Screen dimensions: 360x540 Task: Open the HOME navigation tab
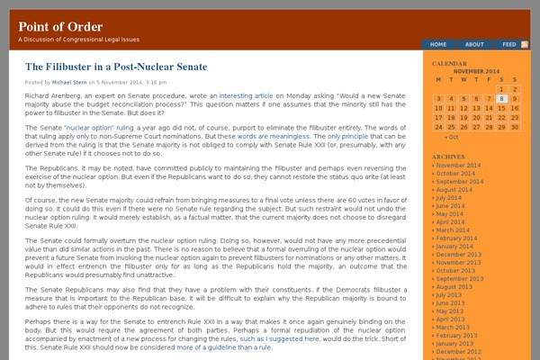tap(438, 44)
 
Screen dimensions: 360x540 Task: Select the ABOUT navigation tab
tap(474, 44)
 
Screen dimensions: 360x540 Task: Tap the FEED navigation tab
tap(509, 44)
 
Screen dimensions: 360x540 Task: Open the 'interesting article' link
tap(246, 94)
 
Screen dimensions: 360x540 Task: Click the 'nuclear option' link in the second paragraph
tap(86, 128)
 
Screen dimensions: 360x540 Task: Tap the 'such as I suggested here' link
tap(279, 339)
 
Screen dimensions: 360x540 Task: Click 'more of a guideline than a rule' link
tap(224, 347)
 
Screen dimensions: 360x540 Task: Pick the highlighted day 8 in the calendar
tap(501, 99)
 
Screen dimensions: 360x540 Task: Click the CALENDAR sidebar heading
tap(449, 65)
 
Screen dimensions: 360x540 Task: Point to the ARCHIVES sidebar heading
tap(448, 157)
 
